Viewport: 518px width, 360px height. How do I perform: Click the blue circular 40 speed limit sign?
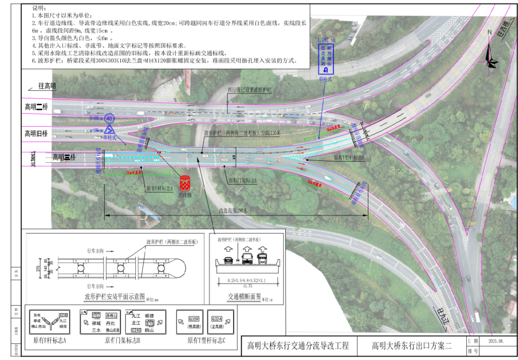pyautogui.click(x=109, y=118)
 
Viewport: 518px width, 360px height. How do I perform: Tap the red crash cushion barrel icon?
pyautogui.click(x=185, y=183)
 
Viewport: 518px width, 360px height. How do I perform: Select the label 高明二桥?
pyautogui.click(x=37, y=107)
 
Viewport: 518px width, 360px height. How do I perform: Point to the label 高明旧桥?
pyautogui.click(x=37, y=133)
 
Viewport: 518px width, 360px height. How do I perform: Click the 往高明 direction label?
pyautogui.click(x=47, y=86)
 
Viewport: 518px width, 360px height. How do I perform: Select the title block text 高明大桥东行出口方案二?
pyautogui.click(x=412, y=346)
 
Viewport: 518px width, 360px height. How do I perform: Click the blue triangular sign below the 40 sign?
pyautogui.click(x=109, y=129)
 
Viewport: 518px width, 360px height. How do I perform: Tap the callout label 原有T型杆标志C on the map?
pyautogui.click(x=349, y=158)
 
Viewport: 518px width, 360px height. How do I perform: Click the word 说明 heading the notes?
pyautogui.click(x=39, y=9)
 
